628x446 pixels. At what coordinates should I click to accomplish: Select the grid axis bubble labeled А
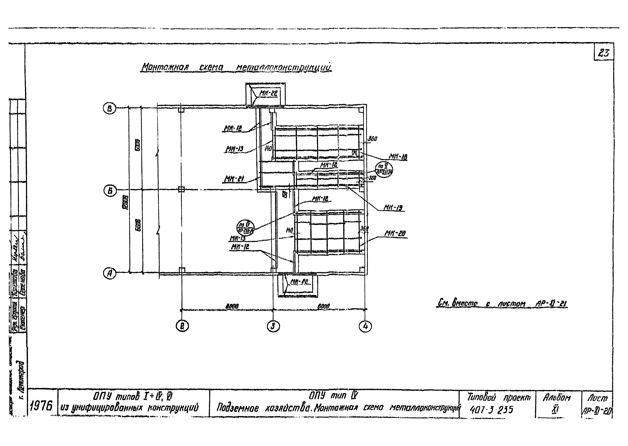[110, 274]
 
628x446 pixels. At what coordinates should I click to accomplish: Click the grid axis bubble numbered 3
[273, 326]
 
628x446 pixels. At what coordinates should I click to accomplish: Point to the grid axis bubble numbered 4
[365, 326]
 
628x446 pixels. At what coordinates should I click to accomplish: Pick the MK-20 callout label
[395, 233]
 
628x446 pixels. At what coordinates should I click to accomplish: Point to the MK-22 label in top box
[269, 93]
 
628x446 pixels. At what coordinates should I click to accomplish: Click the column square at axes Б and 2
[181, 189]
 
